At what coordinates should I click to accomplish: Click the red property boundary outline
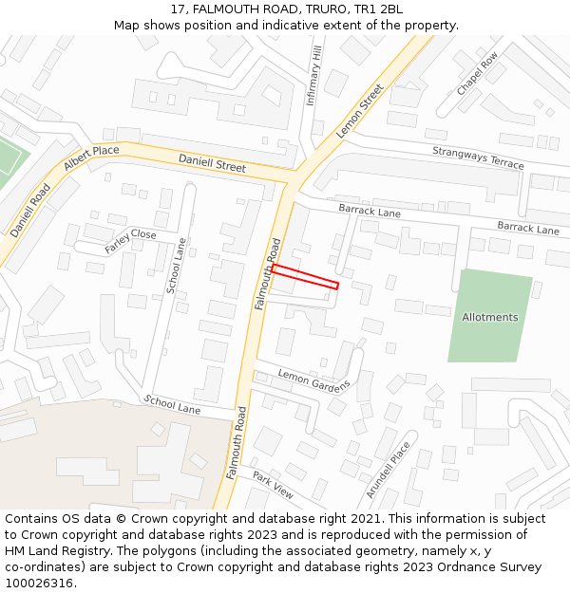click(x=305, y=276)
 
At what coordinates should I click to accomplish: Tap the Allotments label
click(x=490, y=317)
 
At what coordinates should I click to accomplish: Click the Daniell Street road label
click(x=212, y=162)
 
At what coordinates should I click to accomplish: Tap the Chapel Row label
click(x=477, y=74)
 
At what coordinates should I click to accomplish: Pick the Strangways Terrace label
click(x=478, y=158)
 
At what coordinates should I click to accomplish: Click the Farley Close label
click(x=131, y=241)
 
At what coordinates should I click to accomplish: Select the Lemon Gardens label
click(x=313, y=380)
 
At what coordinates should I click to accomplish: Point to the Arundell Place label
click(x=389, y=469)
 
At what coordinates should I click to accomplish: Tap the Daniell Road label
click(x=29, y=210)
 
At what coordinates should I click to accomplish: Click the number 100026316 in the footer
click(x=38, y=583)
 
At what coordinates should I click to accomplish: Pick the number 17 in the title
click(x=179, y=9)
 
